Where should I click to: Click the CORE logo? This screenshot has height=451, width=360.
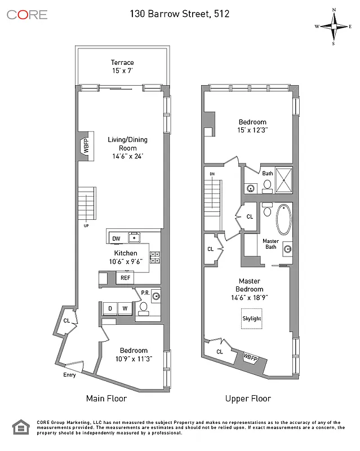click(27, 14)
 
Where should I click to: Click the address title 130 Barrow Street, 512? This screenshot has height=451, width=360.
click(180, 14)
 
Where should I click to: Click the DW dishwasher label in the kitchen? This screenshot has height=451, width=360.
click(115, 238)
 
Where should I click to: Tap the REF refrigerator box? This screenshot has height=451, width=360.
click(125, 278)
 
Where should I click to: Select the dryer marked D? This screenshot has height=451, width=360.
click(110, 308)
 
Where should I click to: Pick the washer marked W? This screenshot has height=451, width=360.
click(124, 308)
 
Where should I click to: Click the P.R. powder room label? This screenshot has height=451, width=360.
click(145, 293)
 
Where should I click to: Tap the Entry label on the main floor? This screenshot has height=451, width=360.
click(70, 374)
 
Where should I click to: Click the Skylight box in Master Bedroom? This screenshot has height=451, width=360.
click(251, 319)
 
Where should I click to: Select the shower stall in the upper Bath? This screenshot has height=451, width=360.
click(284, 180)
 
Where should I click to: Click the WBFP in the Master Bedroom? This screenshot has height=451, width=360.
click(251, 357)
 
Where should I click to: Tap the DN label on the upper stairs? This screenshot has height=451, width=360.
click(212, 174)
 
